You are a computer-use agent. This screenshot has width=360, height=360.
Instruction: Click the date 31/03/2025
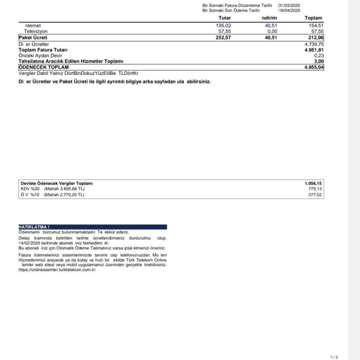[x=289, y=5]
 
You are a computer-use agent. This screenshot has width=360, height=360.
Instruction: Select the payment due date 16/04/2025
[x=289, y=10]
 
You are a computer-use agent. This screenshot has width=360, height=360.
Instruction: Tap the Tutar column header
[x=225, y=18]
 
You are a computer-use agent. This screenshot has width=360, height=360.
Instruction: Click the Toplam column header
[x=314, y=18]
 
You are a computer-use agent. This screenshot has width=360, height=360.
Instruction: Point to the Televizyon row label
[x=36, y=31]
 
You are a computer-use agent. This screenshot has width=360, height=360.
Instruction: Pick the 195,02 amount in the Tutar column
[x=224, y=26]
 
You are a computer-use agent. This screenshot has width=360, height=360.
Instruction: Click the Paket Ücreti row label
[x=33, y=37]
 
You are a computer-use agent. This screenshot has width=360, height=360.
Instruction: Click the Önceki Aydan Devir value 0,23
[x=319, y=55]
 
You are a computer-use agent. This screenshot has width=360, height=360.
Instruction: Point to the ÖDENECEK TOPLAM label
[x=44, y=67]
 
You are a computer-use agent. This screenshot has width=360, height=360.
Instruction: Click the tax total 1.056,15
[x=313, y=183]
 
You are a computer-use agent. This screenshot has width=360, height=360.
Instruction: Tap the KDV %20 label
[x=30, y=189]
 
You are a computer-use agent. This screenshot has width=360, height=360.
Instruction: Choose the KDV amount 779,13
[x=315, y=189]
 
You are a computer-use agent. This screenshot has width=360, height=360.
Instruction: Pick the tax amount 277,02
[x=315, y=195]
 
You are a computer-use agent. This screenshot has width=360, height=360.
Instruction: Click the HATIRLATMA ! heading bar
[x=92, y=227]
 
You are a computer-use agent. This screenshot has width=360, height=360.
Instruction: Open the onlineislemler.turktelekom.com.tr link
[x=57, y=270]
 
